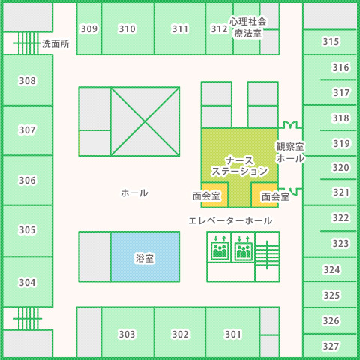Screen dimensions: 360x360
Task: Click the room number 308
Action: tap(28, 81)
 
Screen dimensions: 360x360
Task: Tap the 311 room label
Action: tap(180, 29)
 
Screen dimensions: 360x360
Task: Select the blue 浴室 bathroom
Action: tap(145, 256)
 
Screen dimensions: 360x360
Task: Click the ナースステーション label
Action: tap(239, 166)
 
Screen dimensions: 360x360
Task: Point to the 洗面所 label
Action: tap(55, 44)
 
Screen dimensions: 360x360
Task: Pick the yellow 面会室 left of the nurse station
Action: tap(214, 196)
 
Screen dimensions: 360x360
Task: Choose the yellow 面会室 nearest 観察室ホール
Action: tap(265, 196)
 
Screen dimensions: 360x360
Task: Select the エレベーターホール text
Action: tap(230, 221)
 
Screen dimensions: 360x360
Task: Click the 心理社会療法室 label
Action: tap(247, 28)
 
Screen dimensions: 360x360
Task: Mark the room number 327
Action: tap(331, 346)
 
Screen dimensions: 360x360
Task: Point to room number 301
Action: tap(233, 334)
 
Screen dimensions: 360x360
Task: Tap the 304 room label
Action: tap(28, 283)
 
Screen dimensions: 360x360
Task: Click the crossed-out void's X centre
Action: tap(145, 121)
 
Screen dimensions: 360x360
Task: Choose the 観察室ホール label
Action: tap(290, 152)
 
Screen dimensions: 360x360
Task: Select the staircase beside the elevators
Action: tap(267, 255)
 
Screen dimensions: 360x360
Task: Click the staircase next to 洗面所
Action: tap(28, 43)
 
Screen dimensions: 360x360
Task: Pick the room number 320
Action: tap(340, 168)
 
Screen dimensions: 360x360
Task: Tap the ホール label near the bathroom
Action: tap(134, 193)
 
